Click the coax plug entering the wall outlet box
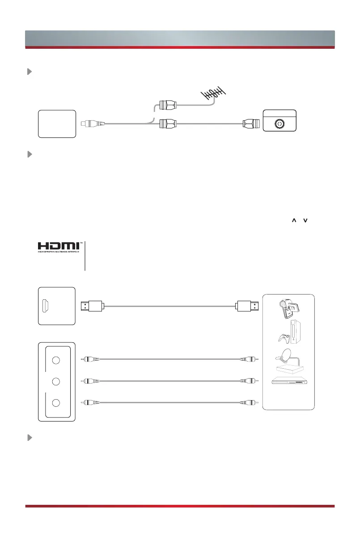click(x=250, y=124)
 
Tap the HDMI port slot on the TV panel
click(x=46, y=306)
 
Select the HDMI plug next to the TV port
click(x=92, y=307)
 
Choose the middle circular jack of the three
click(x=55, y=381)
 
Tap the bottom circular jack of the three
click(x=55, y=402)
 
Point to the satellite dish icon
click(x=282, y=359)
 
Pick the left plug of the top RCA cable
click(x=91, y=359)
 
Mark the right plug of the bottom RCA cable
click(x=248, y=402)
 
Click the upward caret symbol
click(x=294, y=221)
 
